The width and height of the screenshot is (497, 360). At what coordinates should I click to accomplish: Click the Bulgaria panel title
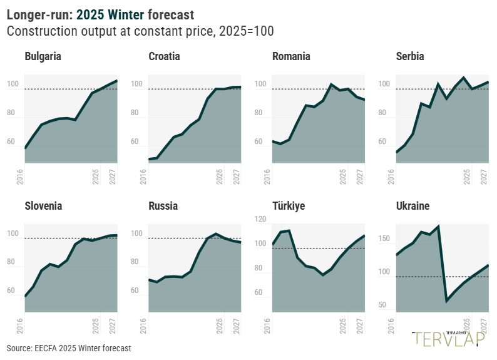coord(43,56)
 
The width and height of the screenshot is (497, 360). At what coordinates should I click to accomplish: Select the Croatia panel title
coord(164,56)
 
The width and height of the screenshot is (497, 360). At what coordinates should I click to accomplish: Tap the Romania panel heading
coord(291,56)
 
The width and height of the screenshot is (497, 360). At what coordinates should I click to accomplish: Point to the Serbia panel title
coord(410,56)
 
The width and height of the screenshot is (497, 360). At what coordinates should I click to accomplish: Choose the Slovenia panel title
coord(43,206)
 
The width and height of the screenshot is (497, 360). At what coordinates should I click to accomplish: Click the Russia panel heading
coord(163,206)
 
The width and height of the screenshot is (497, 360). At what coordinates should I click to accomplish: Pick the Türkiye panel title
coord(289,206)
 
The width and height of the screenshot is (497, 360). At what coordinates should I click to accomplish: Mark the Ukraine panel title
coord(413,206)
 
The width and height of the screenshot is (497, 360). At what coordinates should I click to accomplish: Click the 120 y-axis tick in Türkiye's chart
coord(260,220)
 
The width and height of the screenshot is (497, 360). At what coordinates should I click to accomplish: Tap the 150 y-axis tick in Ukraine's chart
coord(384,239)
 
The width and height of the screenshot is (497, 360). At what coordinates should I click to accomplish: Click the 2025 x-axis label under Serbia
coord(467,175)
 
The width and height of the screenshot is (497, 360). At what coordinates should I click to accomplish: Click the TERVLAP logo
coord(449,338)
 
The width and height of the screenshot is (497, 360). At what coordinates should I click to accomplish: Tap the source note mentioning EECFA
coord(69,347)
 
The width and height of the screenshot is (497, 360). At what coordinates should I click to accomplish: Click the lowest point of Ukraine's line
coord(447,301)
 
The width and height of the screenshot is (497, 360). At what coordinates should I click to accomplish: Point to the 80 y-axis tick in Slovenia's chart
coord(12,262)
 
